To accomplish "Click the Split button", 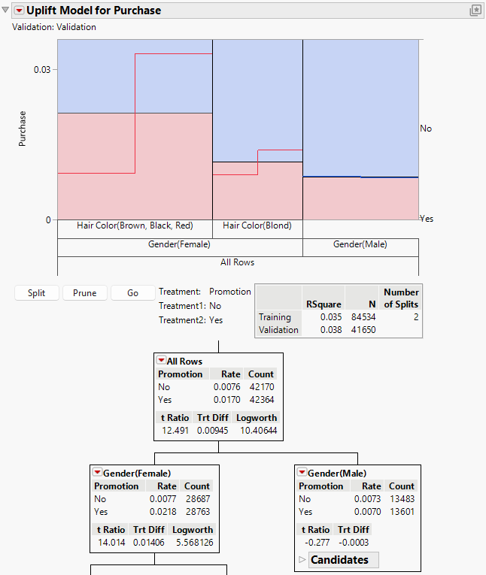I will coord(36,293).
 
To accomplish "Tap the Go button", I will coord(132,293).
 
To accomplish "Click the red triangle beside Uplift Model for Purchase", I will coord(19,11).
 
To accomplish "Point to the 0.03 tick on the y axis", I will coord(42,69).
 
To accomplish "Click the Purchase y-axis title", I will coord(23,129).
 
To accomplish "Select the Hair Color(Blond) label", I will coord(257,225).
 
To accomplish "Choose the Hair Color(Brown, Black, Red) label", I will coord(135,225).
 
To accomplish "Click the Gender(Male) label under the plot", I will coord(360,244).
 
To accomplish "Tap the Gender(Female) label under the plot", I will coord(179,244).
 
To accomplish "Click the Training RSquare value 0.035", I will coord(332,317).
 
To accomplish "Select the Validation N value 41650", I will coord(363,330).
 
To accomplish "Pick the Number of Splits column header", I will coord(401,298).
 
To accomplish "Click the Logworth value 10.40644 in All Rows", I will coord(256,431).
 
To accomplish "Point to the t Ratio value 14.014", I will coord(110,543).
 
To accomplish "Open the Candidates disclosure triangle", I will coord(303,560).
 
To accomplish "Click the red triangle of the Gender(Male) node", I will coord(302,473).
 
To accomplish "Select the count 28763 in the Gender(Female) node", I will coord(197,511).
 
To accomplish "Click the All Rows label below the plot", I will coord(237,262).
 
